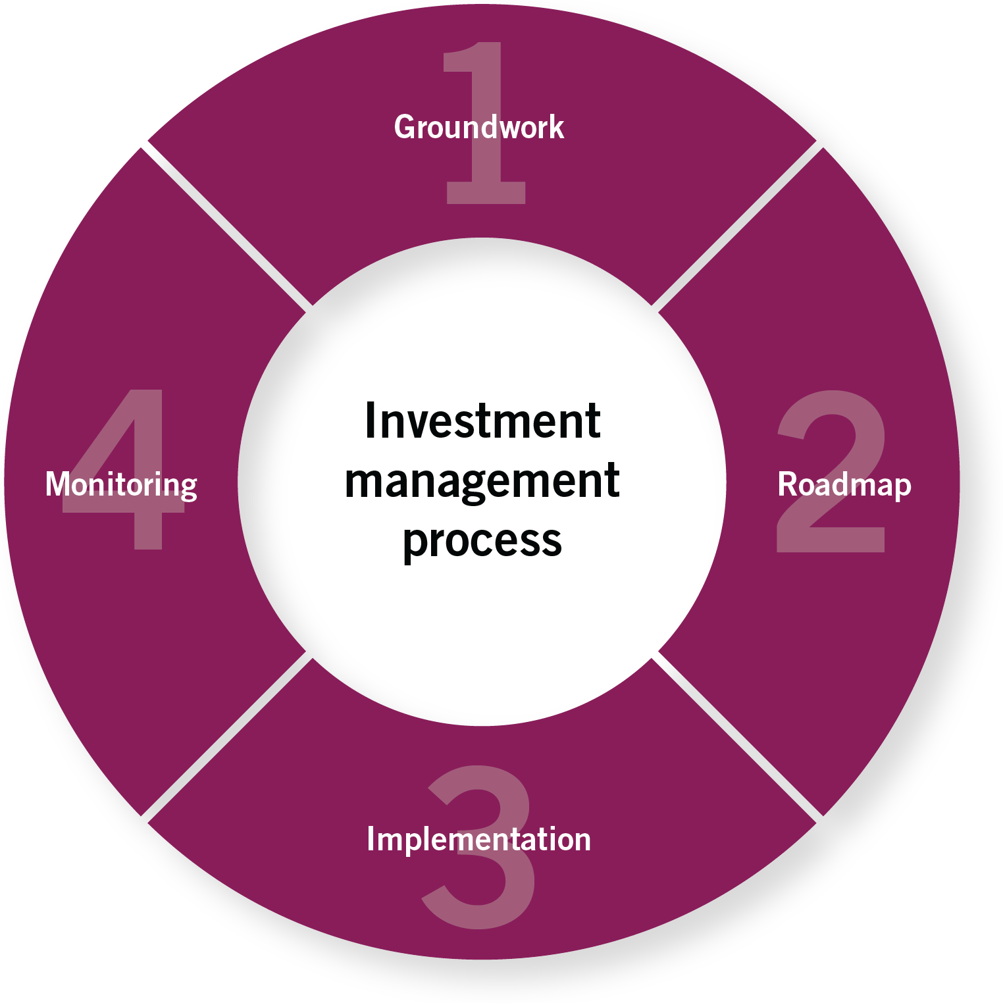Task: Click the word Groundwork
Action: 478,127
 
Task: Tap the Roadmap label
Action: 844,485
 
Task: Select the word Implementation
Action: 478,839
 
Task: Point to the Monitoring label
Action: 121,485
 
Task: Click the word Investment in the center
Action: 482,421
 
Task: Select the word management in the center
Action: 482,481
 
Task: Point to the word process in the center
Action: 482,540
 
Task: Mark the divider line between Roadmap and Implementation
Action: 737,737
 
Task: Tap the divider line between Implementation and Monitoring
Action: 225,737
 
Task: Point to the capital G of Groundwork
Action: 404,127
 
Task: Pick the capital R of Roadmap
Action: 787,484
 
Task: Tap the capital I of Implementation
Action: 371,839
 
